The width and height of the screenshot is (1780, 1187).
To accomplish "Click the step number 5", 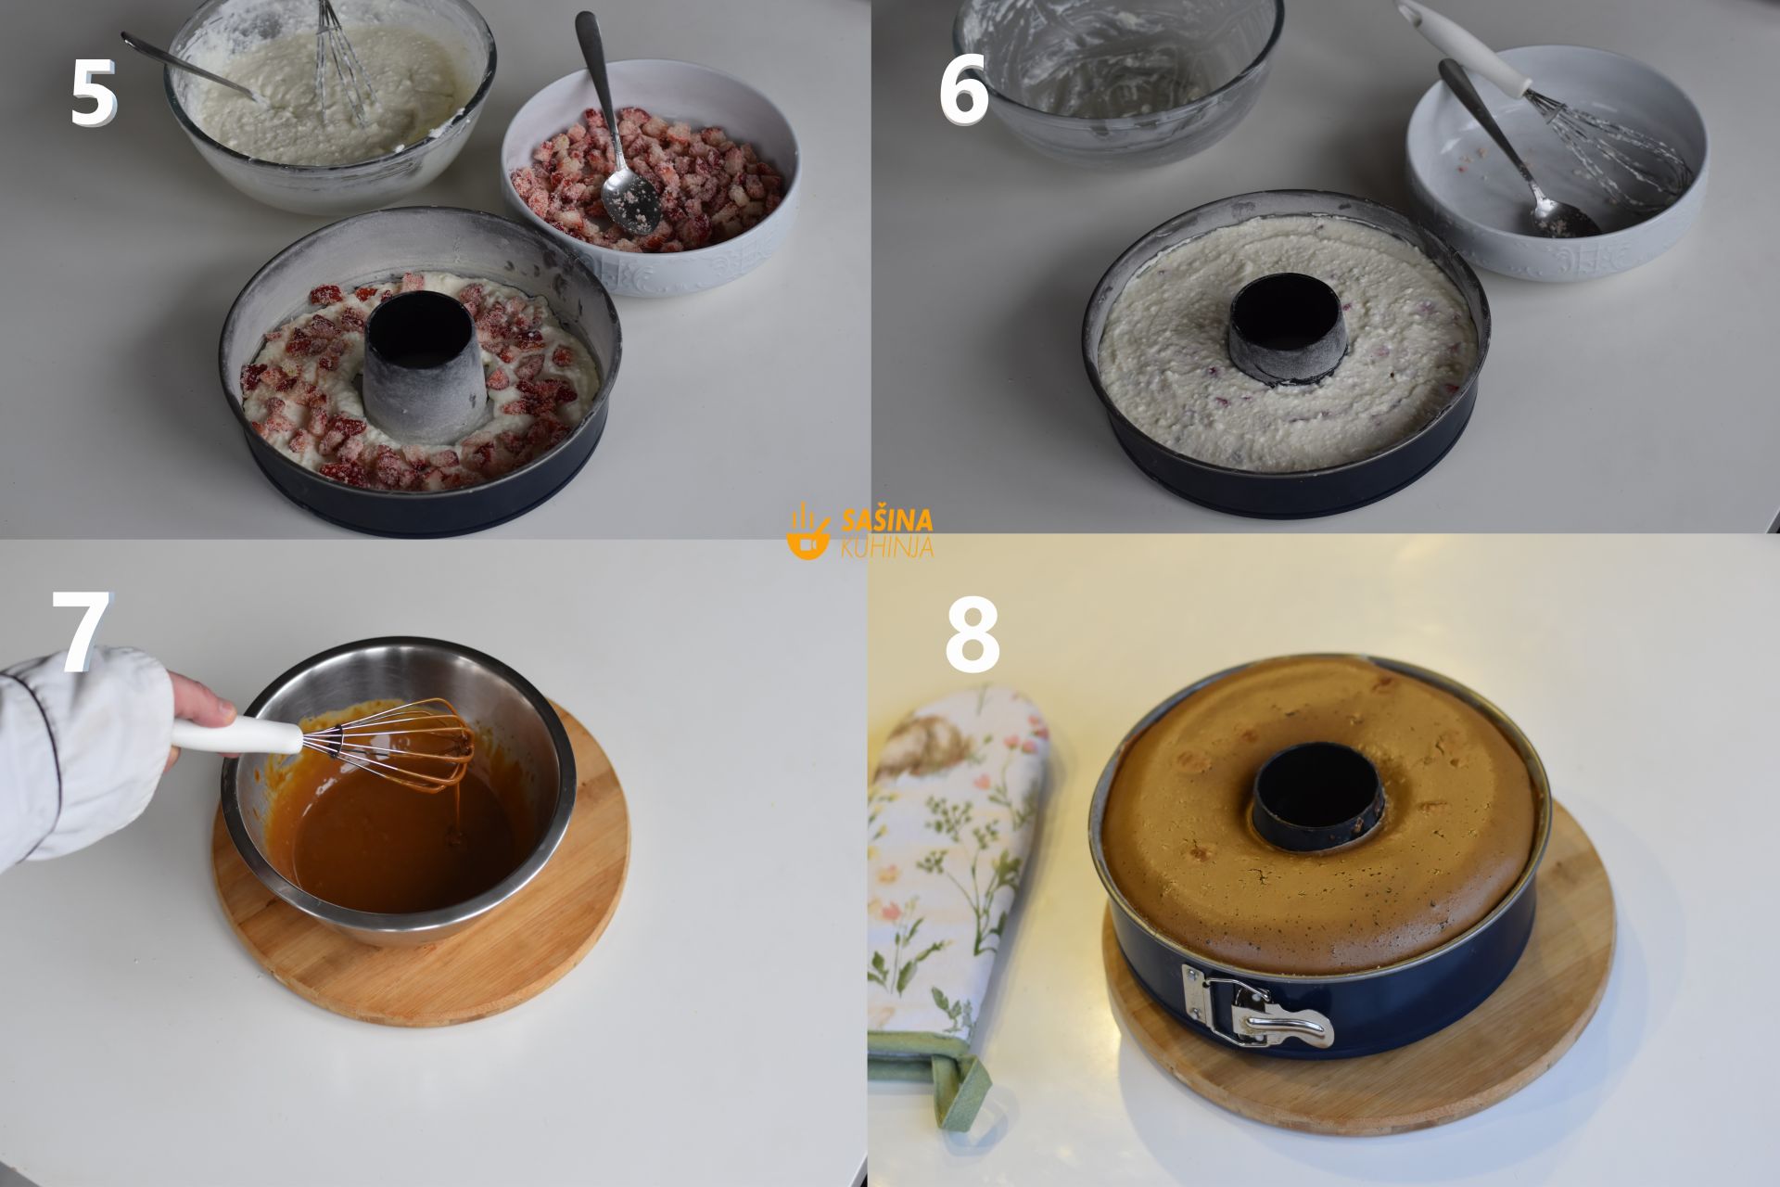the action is (93, 93).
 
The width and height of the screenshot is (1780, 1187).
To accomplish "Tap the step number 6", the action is (964, 93).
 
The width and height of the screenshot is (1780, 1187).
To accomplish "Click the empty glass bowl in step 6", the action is (1120, 78).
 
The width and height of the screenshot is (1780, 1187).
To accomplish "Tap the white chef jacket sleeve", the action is (79, 751).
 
